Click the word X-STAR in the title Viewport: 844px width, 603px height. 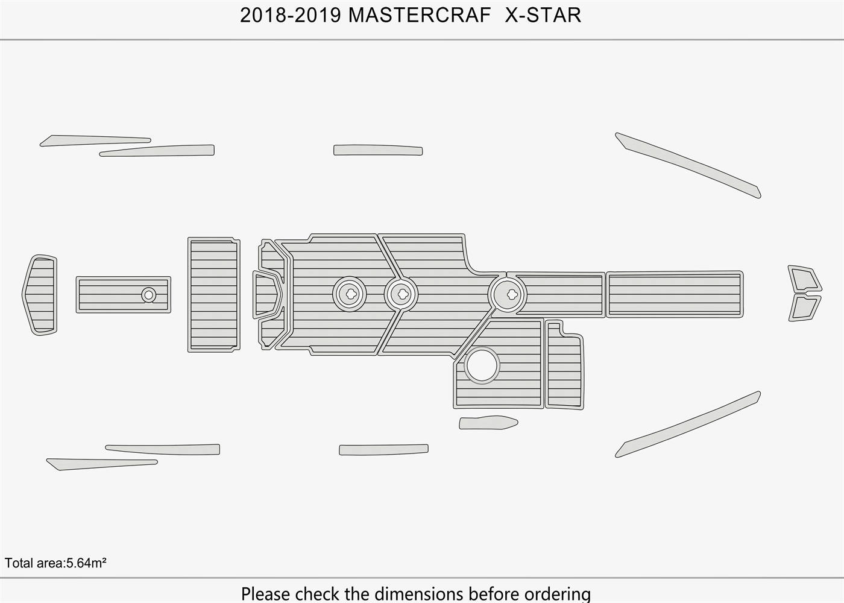[x=543, y=16]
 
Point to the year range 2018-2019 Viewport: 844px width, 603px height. [x=291, y=16]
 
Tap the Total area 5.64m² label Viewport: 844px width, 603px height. [x=55, y=563]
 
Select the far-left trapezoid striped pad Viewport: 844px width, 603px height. [x=40, y=295]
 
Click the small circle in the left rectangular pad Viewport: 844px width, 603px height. [x=148, y=295]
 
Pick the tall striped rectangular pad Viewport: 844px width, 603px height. [x=213, y=295]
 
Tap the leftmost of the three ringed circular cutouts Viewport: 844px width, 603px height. [x=350, y=294]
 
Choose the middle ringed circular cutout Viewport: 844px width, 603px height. [x=401, y=294]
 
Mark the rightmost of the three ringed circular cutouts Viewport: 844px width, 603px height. [x=507, y=294]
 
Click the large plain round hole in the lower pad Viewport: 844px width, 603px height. [x=482, y=365]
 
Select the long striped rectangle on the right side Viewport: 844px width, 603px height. [x=674, y=294]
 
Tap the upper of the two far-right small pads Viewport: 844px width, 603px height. [x=804, y=279]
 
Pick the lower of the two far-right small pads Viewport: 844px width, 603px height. [x=804, y=308]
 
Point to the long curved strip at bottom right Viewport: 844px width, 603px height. [x=687, y=426]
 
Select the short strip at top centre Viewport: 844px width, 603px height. [x=378, y=150]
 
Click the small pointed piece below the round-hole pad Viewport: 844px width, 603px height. [x=487, y=423]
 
